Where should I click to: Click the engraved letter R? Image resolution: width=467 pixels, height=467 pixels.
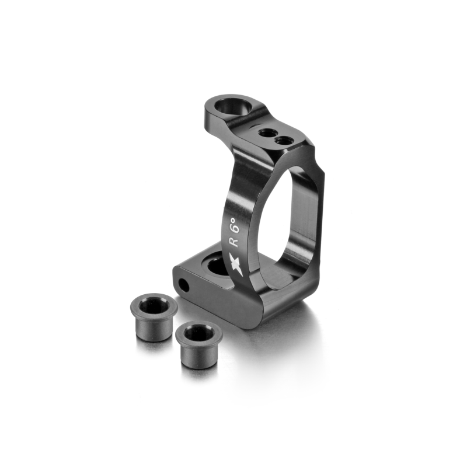[x=235, y=241]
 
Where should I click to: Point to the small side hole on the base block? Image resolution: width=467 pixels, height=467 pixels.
[x=184, y=285]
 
